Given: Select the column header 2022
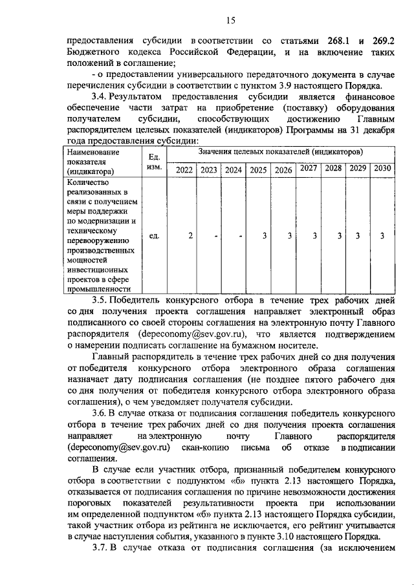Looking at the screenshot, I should (185, 170).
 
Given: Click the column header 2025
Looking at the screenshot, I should (259, 170).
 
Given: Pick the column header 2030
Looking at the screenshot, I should (382, 168).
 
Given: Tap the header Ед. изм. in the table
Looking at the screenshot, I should (154, 162).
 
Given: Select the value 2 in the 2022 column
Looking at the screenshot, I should (190, 235).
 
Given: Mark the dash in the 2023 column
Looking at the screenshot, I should (215, 235).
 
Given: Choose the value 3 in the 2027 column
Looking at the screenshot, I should (314, 235).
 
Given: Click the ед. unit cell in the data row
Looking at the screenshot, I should (154, 235).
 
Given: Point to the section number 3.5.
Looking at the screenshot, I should (102, 301).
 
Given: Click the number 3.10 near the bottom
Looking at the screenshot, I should (292, 536).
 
